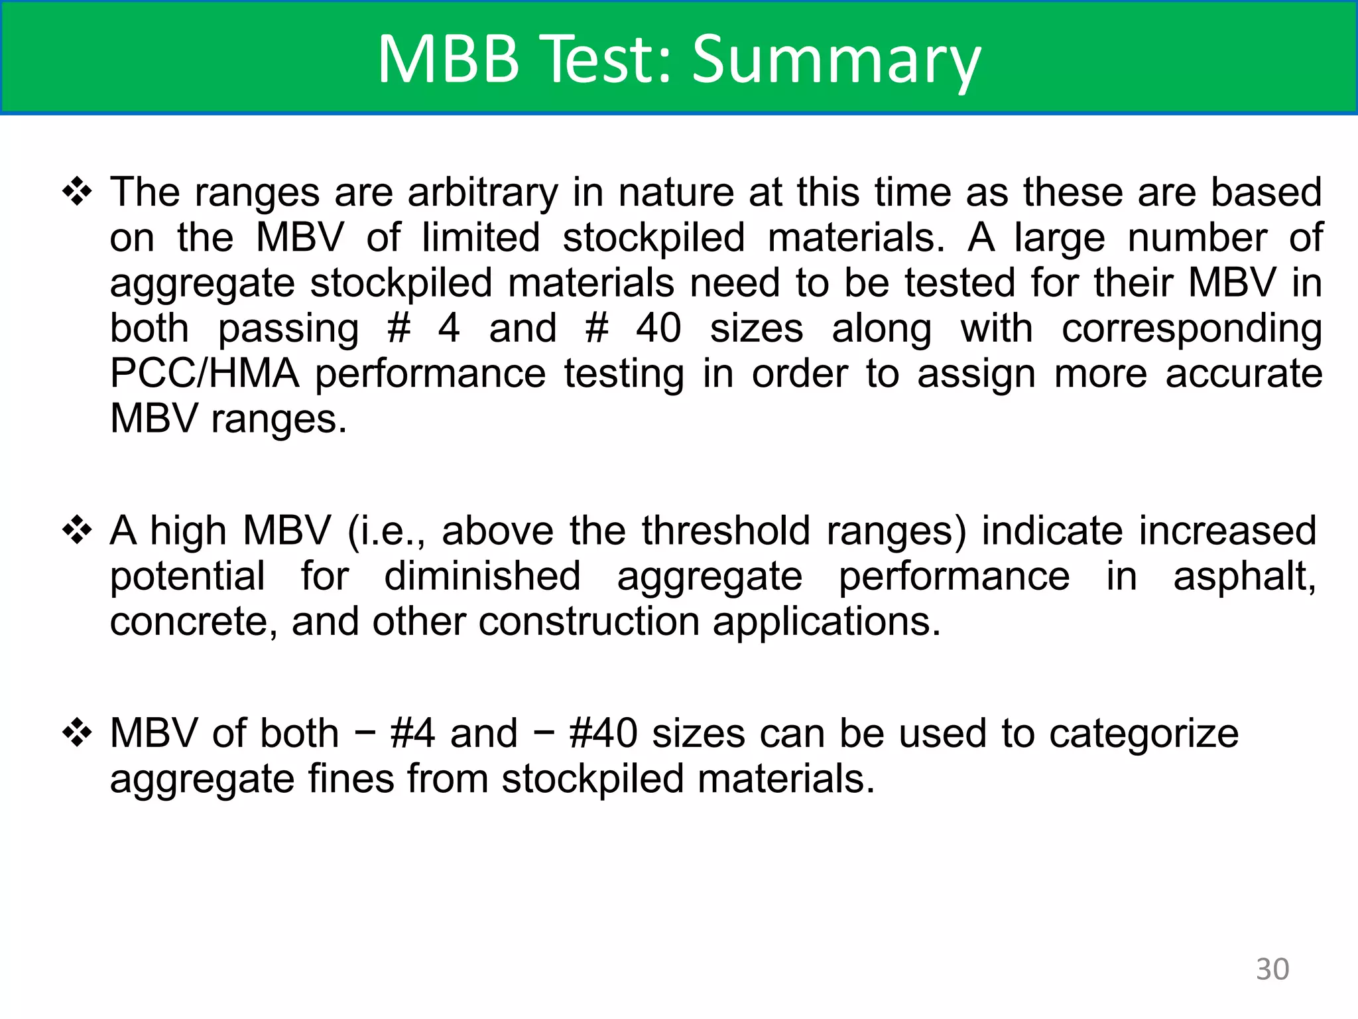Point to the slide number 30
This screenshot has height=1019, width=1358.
coord(1272,969)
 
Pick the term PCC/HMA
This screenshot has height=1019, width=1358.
coord(204,374)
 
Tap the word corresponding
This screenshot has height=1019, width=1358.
coord(1192,329)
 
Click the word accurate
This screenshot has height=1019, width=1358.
coord(1244,374)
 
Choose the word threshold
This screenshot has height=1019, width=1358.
coord(725,531)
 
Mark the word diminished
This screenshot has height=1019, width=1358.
coord(482,576)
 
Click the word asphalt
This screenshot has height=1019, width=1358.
coord(1244,576)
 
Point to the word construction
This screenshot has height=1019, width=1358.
coord(588,622)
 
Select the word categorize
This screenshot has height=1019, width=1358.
coord(1144,733)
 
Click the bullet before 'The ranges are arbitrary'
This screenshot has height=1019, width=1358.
coord(77,192)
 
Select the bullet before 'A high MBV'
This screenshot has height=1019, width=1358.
coord(77,531)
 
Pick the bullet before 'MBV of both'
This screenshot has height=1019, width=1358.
coord(77,733)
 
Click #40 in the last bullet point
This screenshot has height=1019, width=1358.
coord(603,733)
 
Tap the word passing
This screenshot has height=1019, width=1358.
coord(288,329)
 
